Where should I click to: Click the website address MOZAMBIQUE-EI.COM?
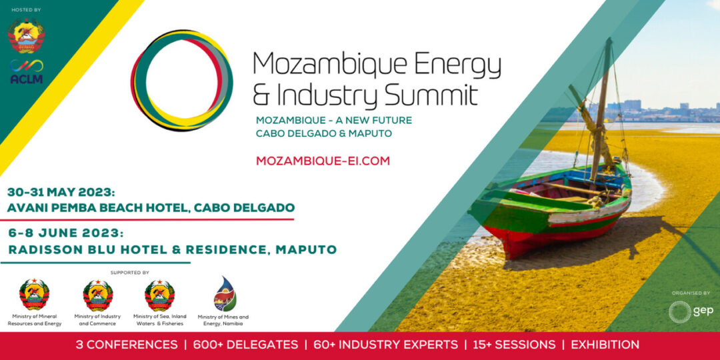pos(323,161)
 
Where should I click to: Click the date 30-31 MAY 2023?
pos(60,191)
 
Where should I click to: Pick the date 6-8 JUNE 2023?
pos(66,233)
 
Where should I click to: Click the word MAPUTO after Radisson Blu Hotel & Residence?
pos(306,250)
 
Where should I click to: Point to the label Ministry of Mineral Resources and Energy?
pos(35,319)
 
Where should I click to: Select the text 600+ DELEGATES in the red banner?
pos(245,345)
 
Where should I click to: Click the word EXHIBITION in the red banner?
pos(605,345)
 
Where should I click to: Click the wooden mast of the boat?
pos(601,110)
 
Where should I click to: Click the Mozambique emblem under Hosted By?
pos(26,35)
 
